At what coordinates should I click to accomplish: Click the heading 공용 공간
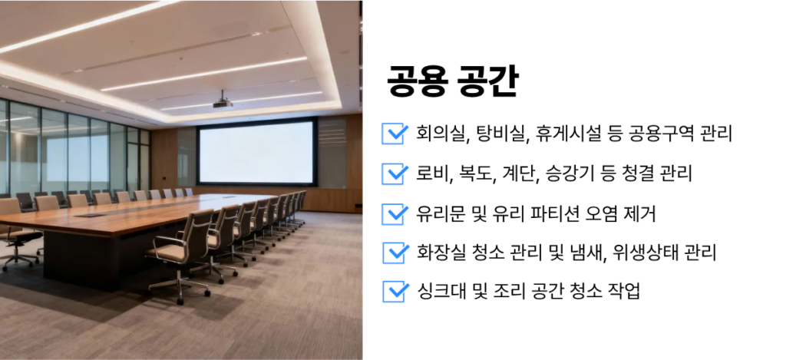click(452, 81)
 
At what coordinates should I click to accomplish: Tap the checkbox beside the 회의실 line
click(395, 134)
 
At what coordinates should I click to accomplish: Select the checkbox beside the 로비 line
click(395, 174)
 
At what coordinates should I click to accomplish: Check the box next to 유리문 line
click(395, 214)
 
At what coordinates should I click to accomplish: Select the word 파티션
click(551, 214)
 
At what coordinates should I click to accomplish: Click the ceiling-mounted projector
click(223, 102)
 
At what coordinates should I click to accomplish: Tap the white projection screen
click(256, 151)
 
